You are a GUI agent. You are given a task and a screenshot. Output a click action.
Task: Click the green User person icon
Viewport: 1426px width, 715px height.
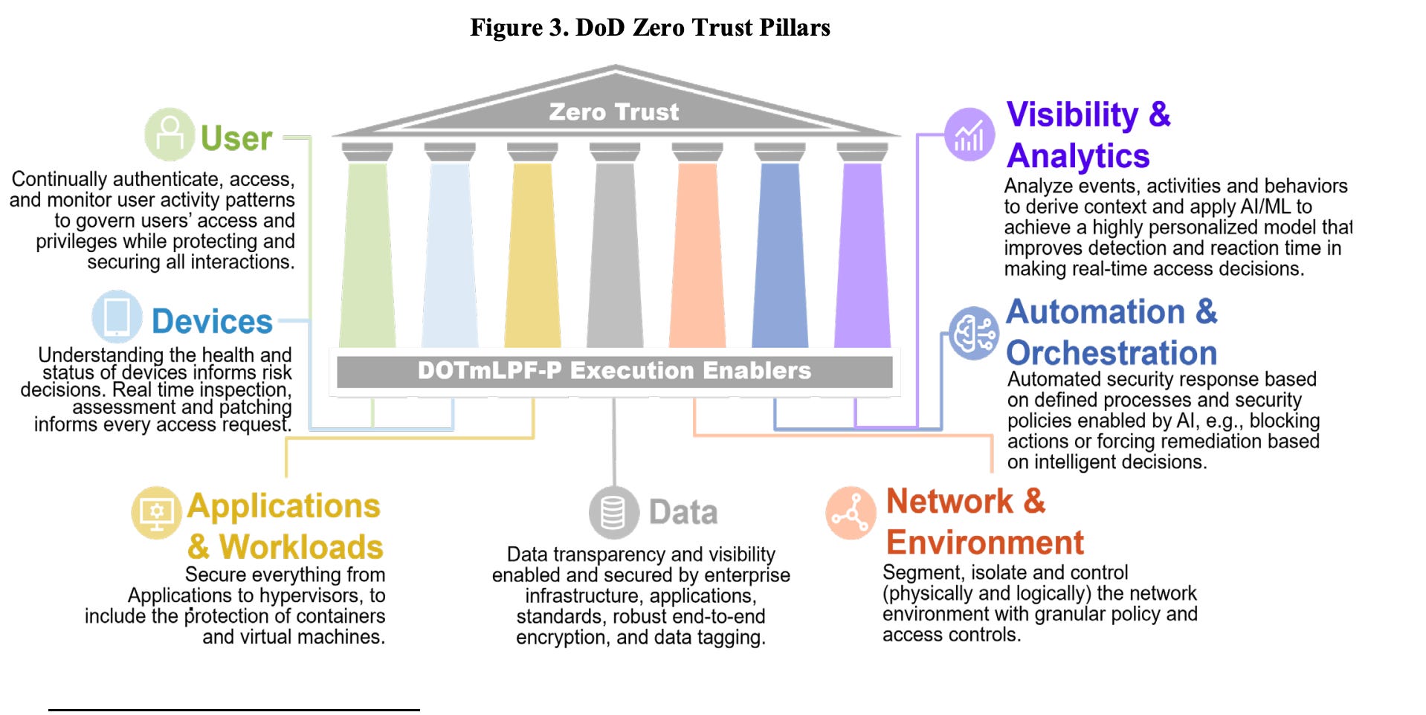pos(170,135)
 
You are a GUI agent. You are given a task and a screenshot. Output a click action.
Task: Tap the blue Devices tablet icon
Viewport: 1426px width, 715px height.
pos(117,317)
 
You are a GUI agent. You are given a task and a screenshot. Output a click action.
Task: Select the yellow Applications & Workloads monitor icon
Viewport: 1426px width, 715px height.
pos(156,513)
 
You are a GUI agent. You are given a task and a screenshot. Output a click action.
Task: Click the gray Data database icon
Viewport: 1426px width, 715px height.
pos(613,513)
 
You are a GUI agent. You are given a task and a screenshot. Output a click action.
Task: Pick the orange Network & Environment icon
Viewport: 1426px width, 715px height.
pos(851,514)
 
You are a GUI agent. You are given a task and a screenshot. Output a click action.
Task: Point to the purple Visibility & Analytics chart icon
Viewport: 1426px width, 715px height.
pos(969,135)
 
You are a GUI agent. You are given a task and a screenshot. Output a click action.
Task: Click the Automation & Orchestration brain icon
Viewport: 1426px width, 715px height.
pos(974,333)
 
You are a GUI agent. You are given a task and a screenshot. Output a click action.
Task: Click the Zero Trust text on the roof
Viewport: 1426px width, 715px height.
pos(613,112)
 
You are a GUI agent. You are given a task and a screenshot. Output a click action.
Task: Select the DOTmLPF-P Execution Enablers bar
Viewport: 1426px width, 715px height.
pos(614,371)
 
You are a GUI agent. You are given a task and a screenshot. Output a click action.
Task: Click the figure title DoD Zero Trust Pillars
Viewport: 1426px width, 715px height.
pos(650,27)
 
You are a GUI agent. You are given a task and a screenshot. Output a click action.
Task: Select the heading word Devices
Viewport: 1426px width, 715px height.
pos(212,322)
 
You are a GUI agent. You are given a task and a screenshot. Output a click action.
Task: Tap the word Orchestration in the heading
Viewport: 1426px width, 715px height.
pos(1112,353)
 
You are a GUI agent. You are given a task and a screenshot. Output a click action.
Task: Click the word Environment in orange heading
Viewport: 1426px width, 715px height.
pos(985,543)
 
